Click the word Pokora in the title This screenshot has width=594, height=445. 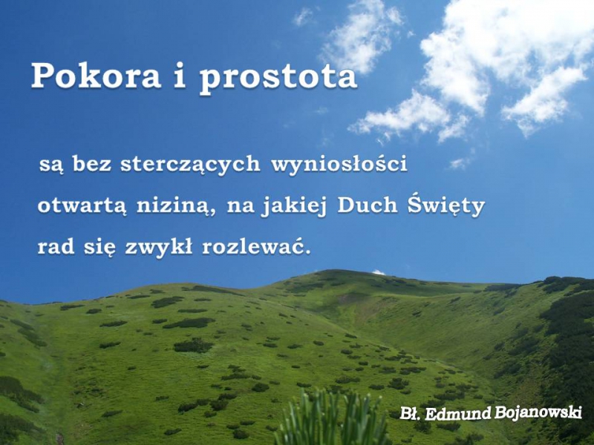pyautogui.click(x=96, y=76)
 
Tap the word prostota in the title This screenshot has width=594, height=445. pyautogui.click(x=278, y=79)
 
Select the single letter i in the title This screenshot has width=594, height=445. pyautogui.click(x=180, y=76)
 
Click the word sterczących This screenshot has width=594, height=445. pyautogui.click(x=190, y=165)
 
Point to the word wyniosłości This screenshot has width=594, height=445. pyautogui.click(x=339, y=163)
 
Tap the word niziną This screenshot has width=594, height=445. pyautogui.click(x=176, y=206)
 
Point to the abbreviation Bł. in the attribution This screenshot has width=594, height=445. pyautogui.click(x=411, y=413)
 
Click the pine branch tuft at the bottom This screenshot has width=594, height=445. pyautogui.click(x=333, y=420)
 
